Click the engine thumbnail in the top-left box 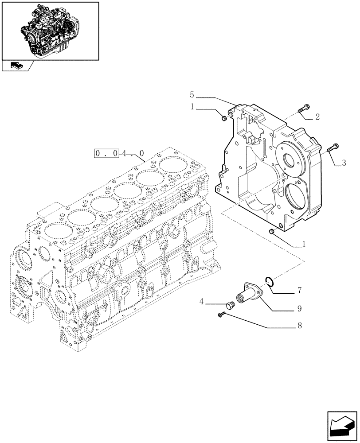click(x=50, y=30)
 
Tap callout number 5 click(x=192, y=94)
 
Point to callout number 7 click(x=299, y=291)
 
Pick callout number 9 click(x=299, y=307)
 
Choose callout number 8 click(x=299, y=326)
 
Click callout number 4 click(x=202, y=302)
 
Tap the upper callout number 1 click(x=192, y=106)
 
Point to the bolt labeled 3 click(x=333, y=148)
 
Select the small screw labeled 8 click(x=222, y=315)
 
